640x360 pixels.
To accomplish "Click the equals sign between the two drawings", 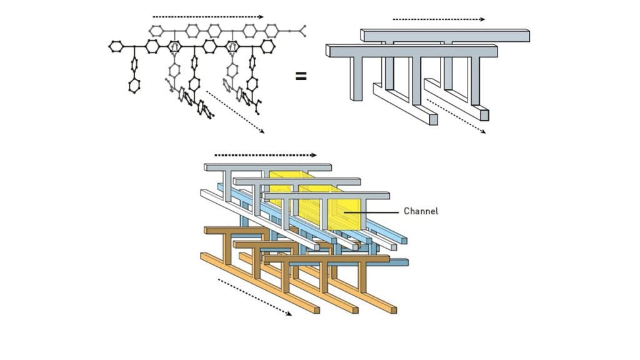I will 301,77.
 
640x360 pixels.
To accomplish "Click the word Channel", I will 421,211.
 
